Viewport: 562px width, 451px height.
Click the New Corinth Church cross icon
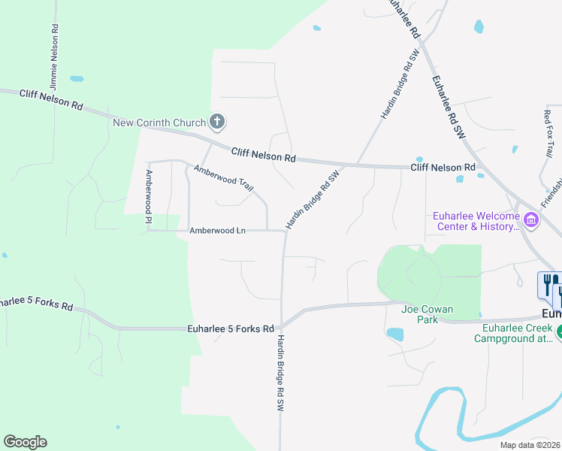pyautogui.click(x=217, y=121)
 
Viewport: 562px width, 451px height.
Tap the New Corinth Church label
pyautogui.click(x=159, y=123)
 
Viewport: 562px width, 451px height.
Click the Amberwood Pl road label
pyautogui.click(x=149, y=198)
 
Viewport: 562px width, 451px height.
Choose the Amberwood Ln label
pyautogui.click(x=217, y=231)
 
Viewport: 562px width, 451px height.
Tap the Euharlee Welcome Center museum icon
pyautogui.click(x=532, y=220)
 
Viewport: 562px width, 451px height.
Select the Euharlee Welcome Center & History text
pyautogui.click(x=476, y=220)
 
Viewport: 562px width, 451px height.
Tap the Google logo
pyautogui.click(x=25, y=442)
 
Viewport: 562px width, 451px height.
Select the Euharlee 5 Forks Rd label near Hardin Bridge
pyautogui.click(x=231, y=328)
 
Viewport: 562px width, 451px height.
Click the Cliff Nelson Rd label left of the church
pyautogui.click(x=51, y=99)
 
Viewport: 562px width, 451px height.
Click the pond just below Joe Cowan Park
pyautogui.click(x=394, y=333)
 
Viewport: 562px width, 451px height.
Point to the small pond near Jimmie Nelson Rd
pyautogui.click(x=76, y=78)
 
